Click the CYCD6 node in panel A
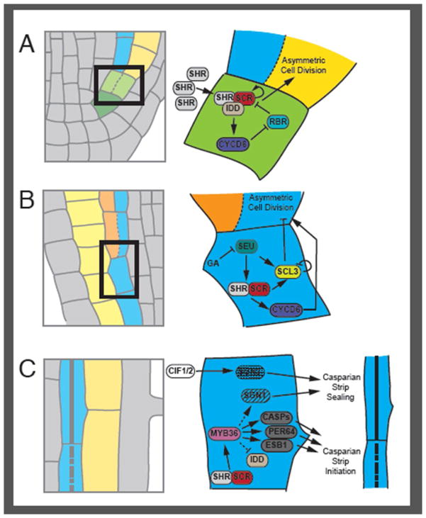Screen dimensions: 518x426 (x=236, y=144)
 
